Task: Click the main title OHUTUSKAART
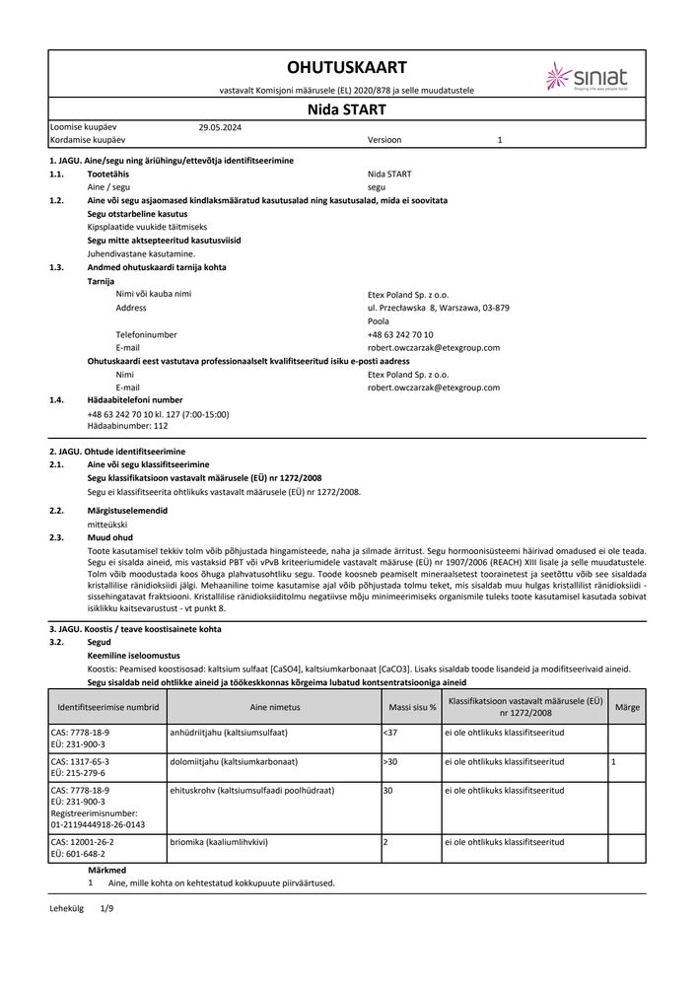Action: point(346,67)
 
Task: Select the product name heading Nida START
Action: point(346,110)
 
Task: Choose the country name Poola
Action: point(378,321)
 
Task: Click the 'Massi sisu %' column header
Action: point(409,708)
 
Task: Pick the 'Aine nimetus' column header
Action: point(274,708)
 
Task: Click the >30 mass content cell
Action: point(388,762)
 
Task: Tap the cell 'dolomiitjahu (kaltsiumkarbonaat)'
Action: point(235,762)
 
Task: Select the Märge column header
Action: point(627,708)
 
